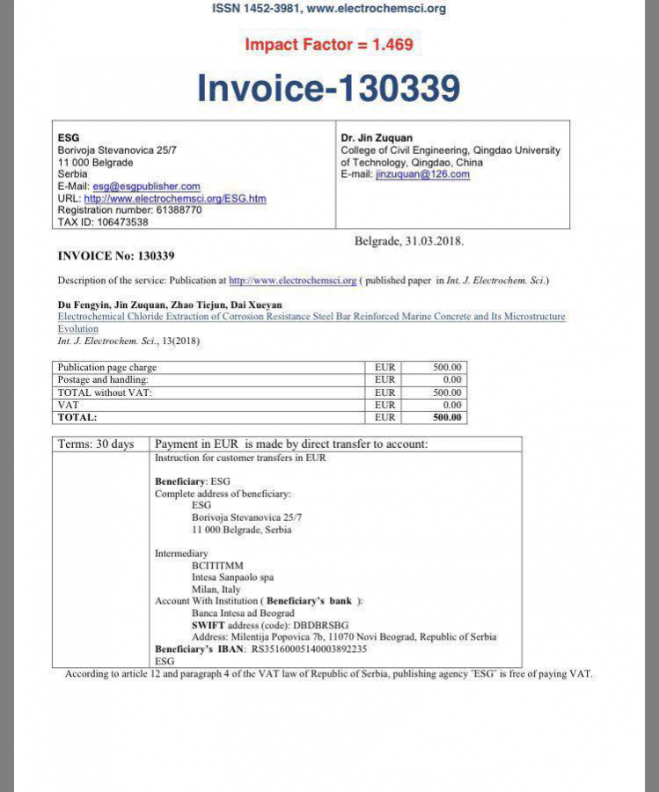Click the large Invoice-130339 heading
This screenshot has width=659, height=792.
pyautogui.click(x=329, y=88)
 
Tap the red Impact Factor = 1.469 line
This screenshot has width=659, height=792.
pyautogui.click(x=329, y=44)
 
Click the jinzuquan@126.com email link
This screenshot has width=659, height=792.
pyautogui.click(x=422, y=174)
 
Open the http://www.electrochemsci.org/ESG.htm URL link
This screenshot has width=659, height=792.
pyautogui.click(x=174, y=199)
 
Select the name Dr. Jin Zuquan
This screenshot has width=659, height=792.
pyautogui.click(x=377, y=138)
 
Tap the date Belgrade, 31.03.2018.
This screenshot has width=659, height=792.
pyautogui.click(x=409, y=240)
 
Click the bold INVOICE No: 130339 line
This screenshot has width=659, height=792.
pyautogui.click(x=116, y=256)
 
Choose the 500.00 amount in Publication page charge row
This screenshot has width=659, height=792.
pyautogui.click(x=447, y=367)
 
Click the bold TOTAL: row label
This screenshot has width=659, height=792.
pyautogui.click(x=77, y=417)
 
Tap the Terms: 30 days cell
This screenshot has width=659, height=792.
pyautogui.click(x=96, y=444)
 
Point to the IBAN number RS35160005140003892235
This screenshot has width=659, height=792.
pyautogui.click(x=309, y=649)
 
